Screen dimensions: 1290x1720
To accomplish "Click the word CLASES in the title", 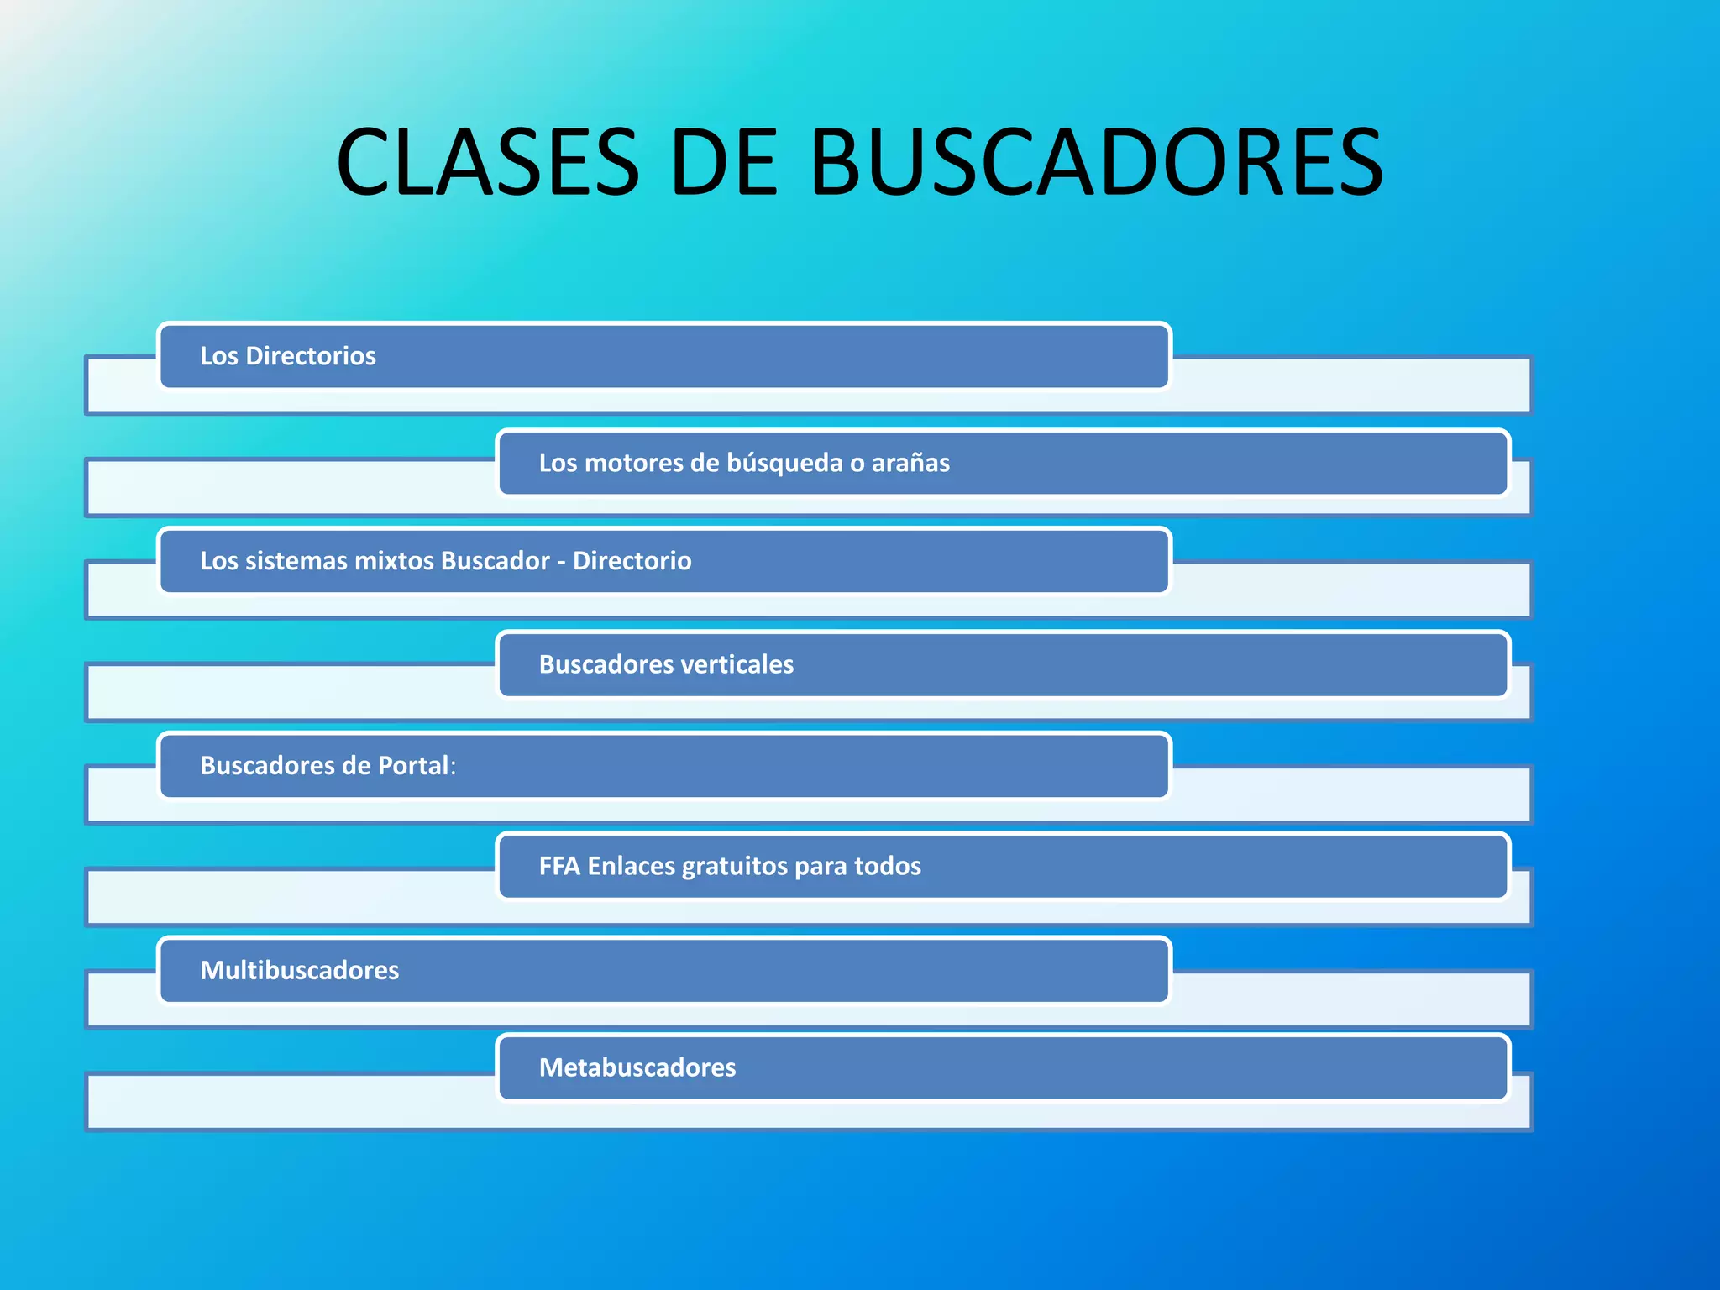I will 488,162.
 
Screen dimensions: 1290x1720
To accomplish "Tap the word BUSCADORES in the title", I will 1096,162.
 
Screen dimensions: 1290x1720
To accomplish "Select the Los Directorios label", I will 288,356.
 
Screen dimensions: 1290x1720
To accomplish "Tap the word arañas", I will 910,463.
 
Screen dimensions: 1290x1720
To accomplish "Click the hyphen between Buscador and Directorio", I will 561,561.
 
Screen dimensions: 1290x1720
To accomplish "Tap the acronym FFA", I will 559,866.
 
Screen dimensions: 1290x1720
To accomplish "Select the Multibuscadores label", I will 299,971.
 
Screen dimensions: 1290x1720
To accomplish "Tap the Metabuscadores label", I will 637,1067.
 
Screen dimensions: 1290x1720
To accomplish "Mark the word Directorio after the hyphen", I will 632,561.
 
